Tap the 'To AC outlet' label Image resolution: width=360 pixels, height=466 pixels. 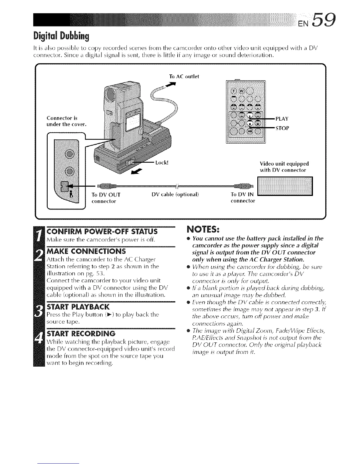click(184, 76)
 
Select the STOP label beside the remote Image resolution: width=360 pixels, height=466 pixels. click(282, 128)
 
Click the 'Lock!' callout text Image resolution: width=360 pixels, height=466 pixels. click(161, 162)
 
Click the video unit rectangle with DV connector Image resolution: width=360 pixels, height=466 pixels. click(285, 187)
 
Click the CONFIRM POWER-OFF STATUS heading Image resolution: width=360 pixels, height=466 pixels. click(102, 231)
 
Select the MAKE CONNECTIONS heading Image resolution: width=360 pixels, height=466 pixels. click(86, 251)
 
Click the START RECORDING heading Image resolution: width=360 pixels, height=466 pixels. click(81, 334)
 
